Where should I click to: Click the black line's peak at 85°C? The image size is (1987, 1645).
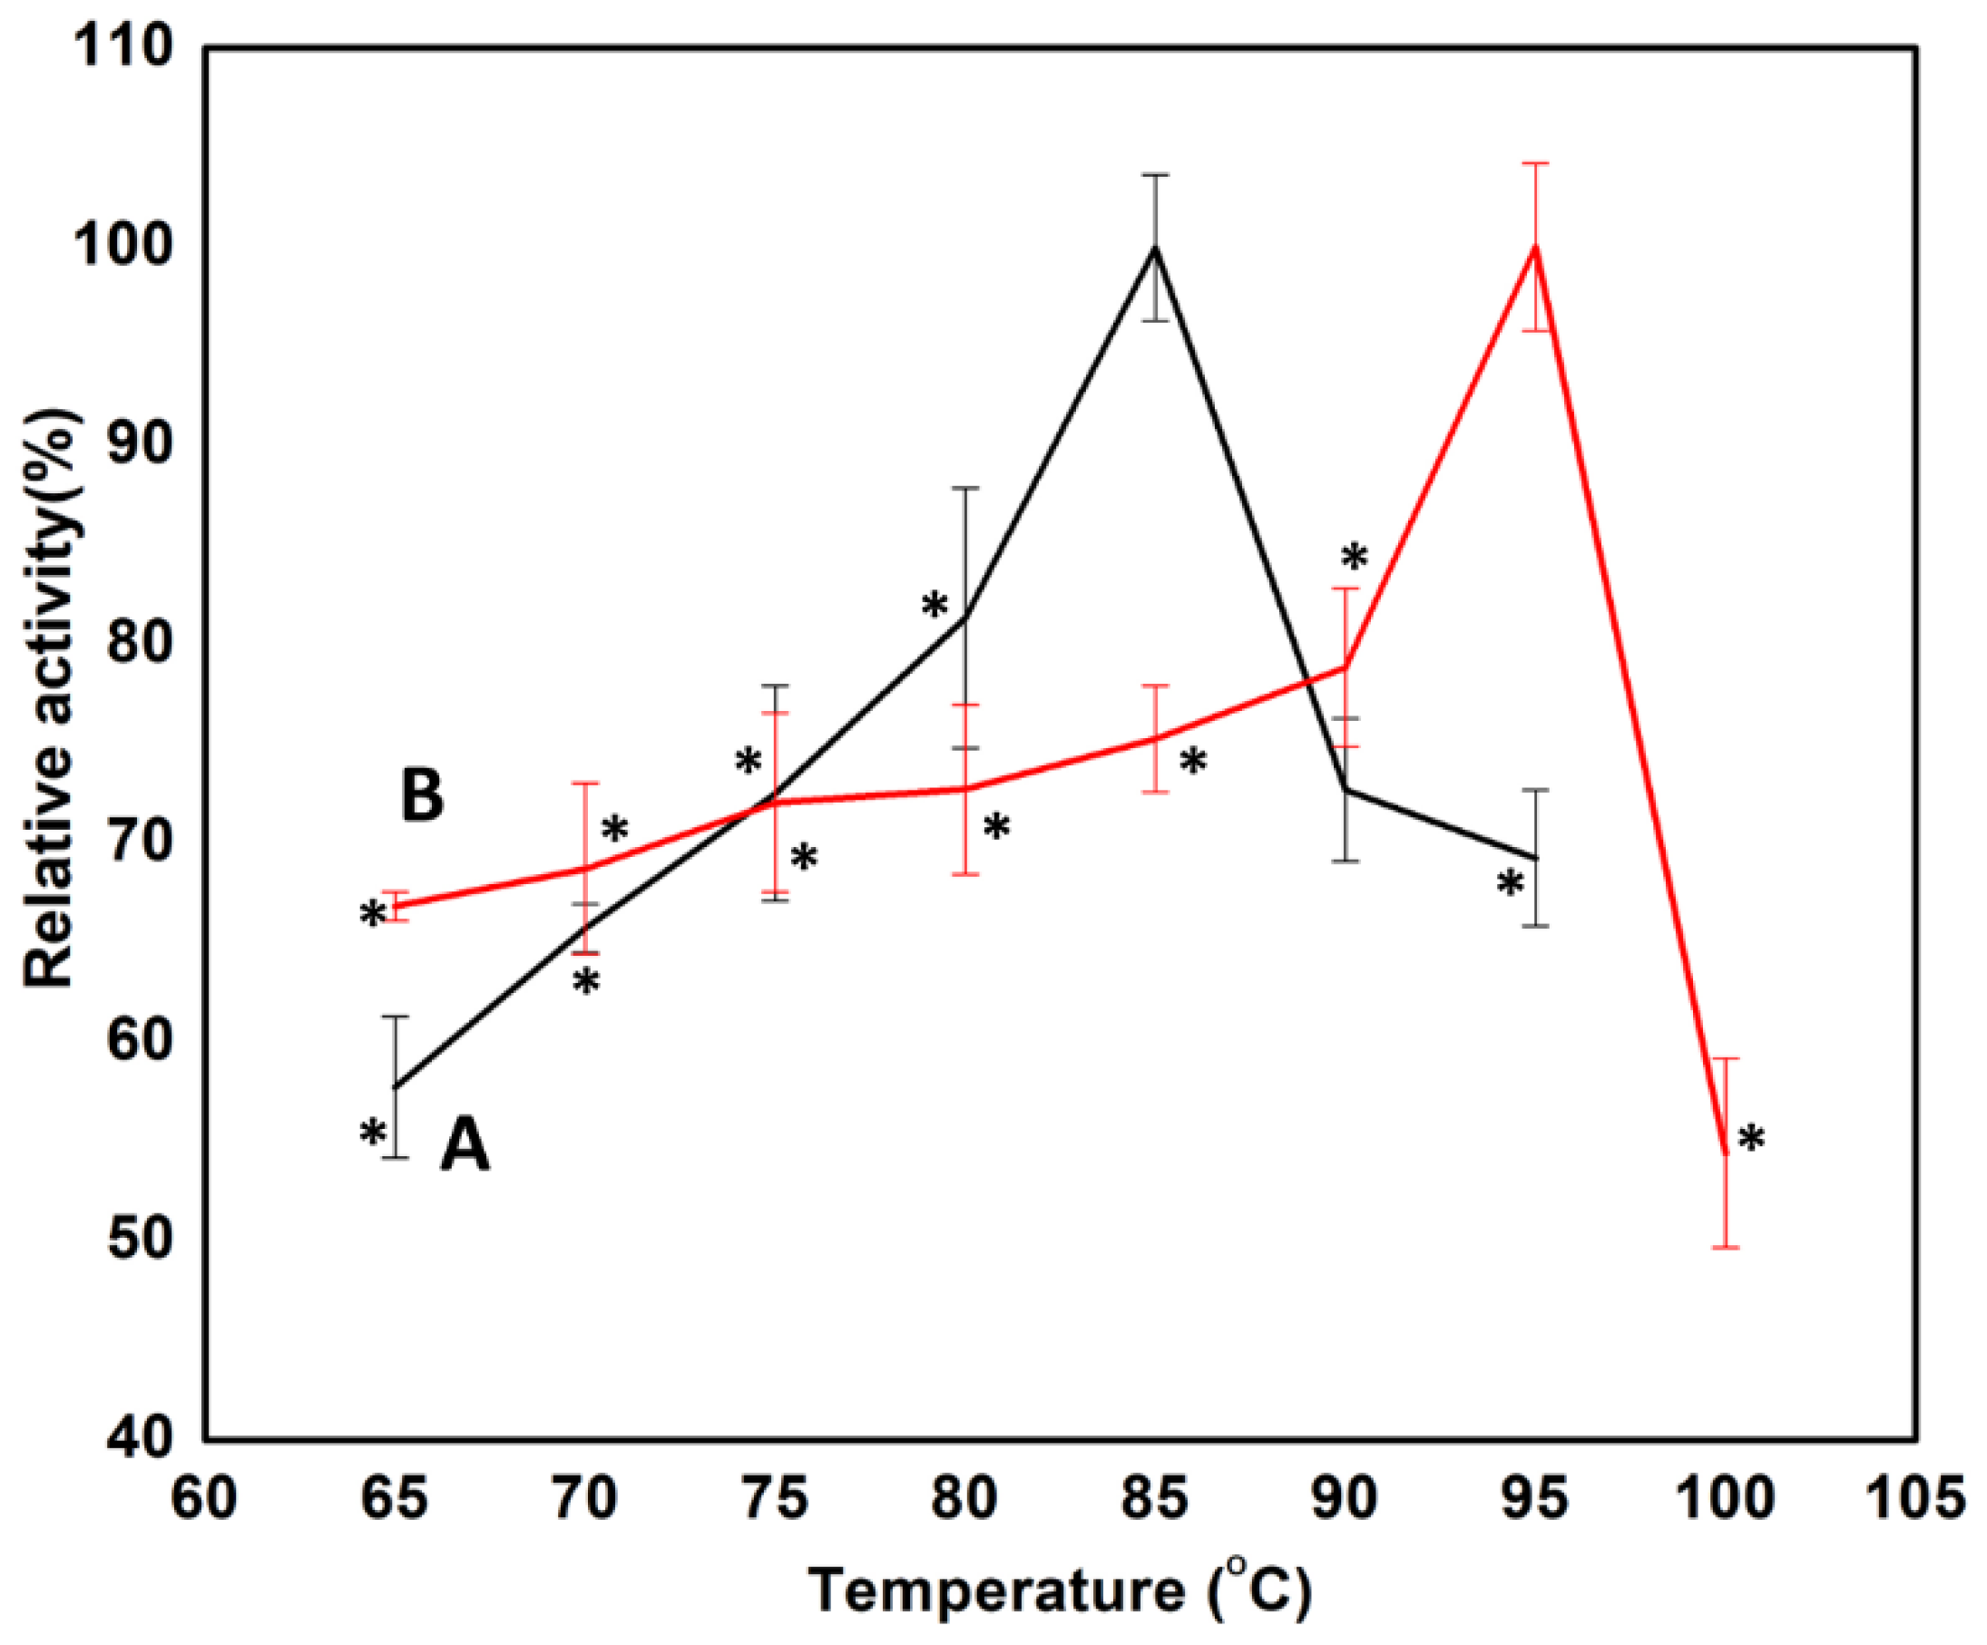1154,248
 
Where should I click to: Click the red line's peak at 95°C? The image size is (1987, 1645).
1535,248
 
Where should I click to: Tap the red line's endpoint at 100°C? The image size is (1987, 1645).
1725,1153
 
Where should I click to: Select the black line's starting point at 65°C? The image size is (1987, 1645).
396,1087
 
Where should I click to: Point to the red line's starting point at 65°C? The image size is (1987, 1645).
396,906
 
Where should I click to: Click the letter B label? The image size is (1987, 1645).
422,795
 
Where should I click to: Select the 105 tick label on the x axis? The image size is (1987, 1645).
1919,1499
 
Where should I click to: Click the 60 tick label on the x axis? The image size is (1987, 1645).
203,1499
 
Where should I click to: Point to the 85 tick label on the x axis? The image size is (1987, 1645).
1154,1499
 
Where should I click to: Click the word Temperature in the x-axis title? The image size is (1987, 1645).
995,1591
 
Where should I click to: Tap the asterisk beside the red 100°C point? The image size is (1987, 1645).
1751,1139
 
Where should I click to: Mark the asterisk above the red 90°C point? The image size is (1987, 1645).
1354,558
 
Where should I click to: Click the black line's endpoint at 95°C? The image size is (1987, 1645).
1535,858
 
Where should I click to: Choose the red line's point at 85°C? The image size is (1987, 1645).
1154,738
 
